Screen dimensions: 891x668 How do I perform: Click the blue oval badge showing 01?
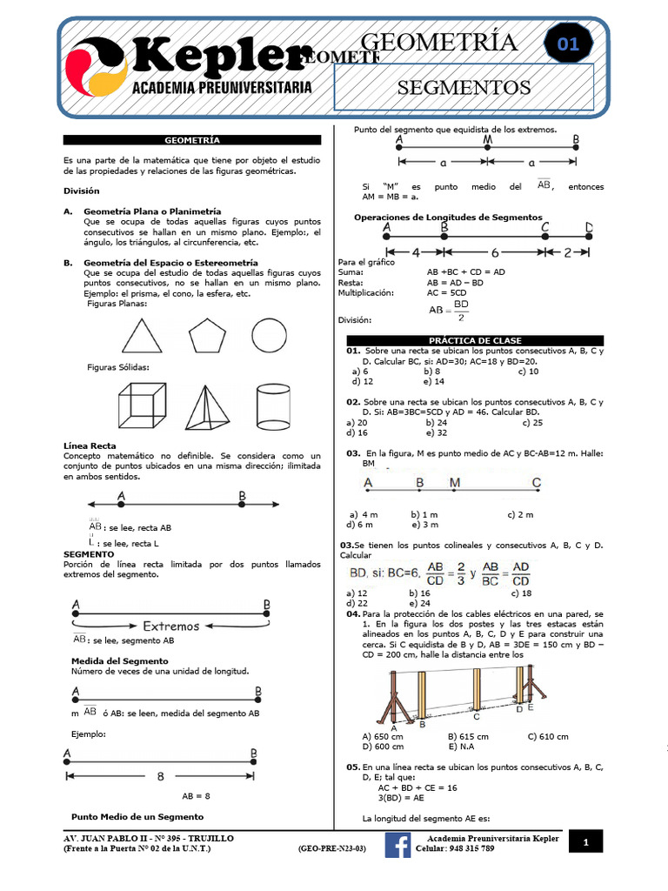tap(568, 45)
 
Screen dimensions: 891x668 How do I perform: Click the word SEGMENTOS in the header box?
tap(464, 87)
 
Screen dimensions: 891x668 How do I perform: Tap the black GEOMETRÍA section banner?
tap(192, 139)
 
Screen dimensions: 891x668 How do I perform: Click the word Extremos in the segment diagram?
tap(171, 625)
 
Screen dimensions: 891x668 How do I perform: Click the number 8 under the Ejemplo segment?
tap(160, 776)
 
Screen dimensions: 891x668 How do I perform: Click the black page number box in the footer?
tap(585, 842)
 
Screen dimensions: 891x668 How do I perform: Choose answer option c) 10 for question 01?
tap(528, 371)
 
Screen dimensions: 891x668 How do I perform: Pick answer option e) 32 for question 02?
tap(437, 432)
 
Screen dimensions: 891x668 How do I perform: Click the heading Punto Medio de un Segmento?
tap(137, 816)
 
